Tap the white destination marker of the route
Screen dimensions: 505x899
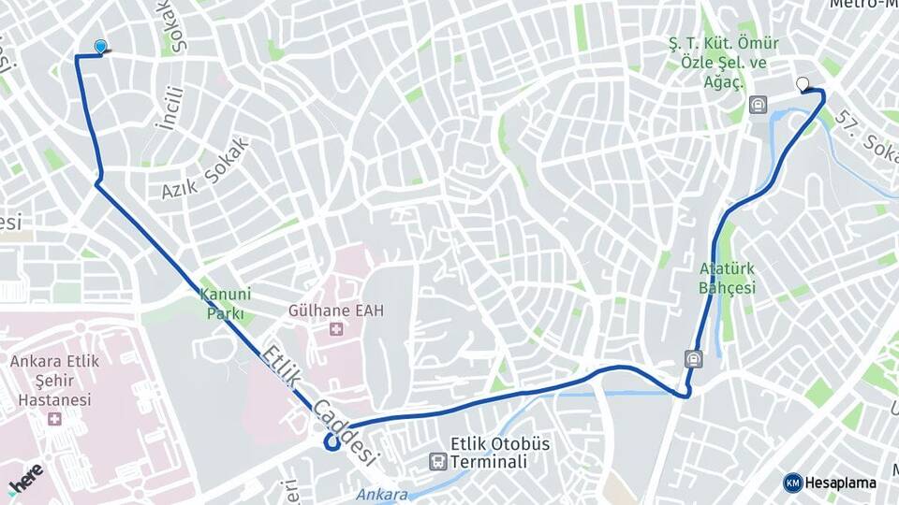click(803, 85)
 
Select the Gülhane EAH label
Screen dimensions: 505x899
click(336, 310)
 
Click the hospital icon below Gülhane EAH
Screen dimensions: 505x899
click(336, 330)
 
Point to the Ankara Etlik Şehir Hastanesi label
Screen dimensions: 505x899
click(51, 380)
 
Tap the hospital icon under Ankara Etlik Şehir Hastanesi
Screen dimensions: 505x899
click(54, 418)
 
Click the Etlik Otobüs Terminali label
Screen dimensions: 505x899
click(500, 453)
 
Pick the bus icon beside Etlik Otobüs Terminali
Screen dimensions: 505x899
click(437, 461)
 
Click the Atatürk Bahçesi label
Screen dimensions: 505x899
click(727, 278)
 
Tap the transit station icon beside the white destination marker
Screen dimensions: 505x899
click(758, 104)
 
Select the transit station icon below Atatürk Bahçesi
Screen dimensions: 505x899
click(692, 357)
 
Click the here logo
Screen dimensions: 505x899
click(25, 478)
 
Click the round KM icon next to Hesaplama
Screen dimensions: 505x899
click(793, 483)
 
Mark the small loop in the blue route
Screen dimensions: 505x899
click(332, 441)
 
